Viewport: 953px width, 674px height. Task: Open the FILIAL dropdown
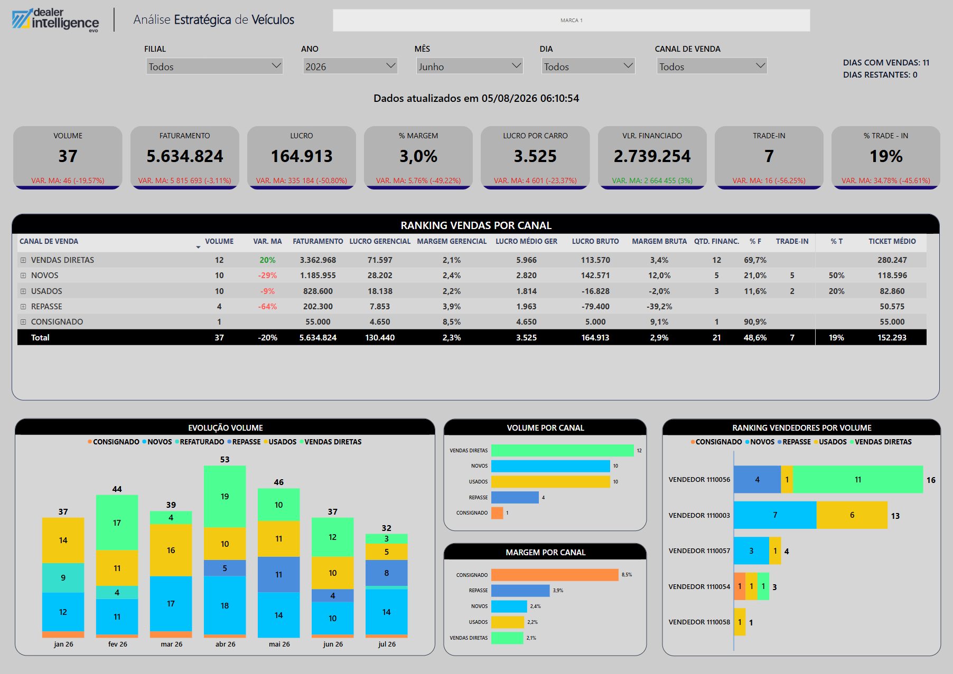(x=214, y=67)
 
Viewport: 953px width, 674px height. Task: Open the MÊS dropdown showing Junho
(x=469, y=67)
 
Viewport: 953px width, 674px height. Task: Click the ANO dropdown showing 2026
(x=350, y=67)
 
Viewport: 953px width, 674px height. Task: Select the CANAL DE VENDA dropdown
(x=712, y=67)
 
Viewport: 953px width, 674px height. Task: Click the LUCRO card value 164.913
(x=302, y=156)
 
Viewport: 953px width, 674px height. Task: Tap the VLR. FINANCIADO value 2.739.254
(x=652, y=156)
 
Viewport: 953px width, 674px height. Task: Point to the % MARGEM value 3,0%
(x=418, y=156)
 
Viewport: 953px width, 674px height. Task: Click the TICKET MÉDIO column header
(x=892, y=241)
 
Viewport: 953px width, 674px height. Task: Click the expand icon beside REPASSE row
(x=23, y=307)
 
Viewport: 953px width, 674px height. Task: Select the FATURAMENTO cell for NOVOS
(x=317, y=276)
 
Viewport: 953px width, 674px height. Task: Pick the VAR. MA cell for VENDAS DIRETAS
(x=267, y=260)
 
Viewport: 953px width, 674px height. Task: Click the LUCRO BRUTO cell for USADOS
(x=595, y=291)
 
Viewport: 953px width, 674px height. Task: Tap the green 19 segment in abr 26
(x=225, y=496)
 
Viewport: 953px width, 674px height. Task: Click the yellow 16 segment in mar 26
(x=171, y=550)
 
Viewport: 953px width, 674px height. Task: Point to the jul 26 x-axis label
(x=387, y=644)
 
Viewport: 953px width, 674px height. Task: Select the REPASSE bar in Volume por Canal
(x=515, y=497)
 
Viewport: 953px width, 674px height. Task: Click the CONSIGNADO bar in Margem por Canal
(x=555, y=575)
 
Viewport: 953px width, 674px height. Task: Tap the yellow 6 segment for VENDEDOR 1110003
(x=852, y=515)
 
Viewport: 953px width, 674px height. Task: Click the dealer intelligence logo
(x=55, y=20)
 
